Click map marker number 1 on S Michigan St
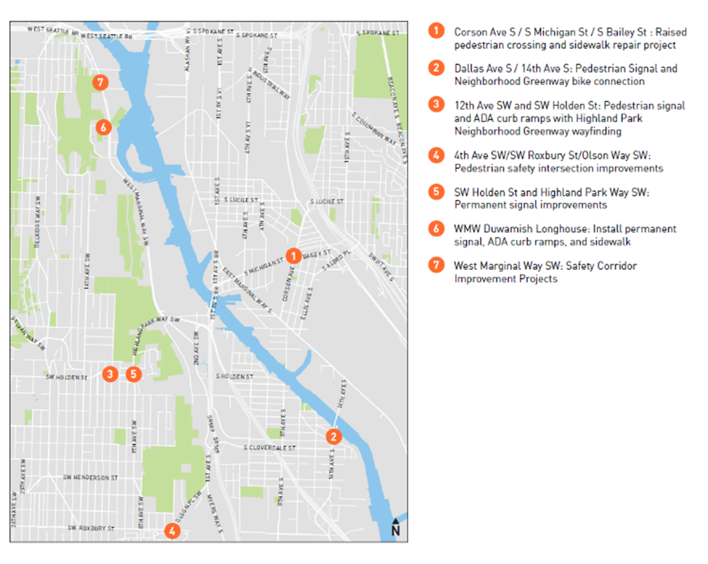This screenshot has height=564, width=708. click(x=293, y=256)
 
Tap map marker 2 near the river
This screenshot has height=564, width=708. click(x=333, y=437)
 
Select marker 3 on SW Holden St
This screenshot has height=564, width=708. click(x=110, y=374)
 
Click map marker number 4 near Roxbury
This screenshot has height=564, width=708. click(x=172, y=531)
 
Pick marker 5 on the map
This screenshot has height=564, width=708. click(x=133, y=374)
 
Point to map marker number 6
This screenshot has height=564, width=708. click(x=104, y=127)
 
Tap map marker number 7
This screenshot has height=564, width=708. click(x=101, y=82)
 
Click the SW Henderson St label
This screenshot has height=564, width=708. click(x=90, y=478)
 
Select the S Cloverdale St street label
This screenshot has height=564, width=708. click(x=270, y=448)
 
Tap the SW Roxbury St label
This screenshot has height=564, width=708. click(x=91, y=528)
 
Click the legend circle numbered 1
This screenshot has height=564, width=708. click(x=437, y=31)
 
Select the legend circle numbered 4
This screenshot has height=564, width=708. click(x=437, y=155)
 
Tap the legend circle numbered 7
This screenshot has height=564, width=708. click(x=437, y=265)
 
